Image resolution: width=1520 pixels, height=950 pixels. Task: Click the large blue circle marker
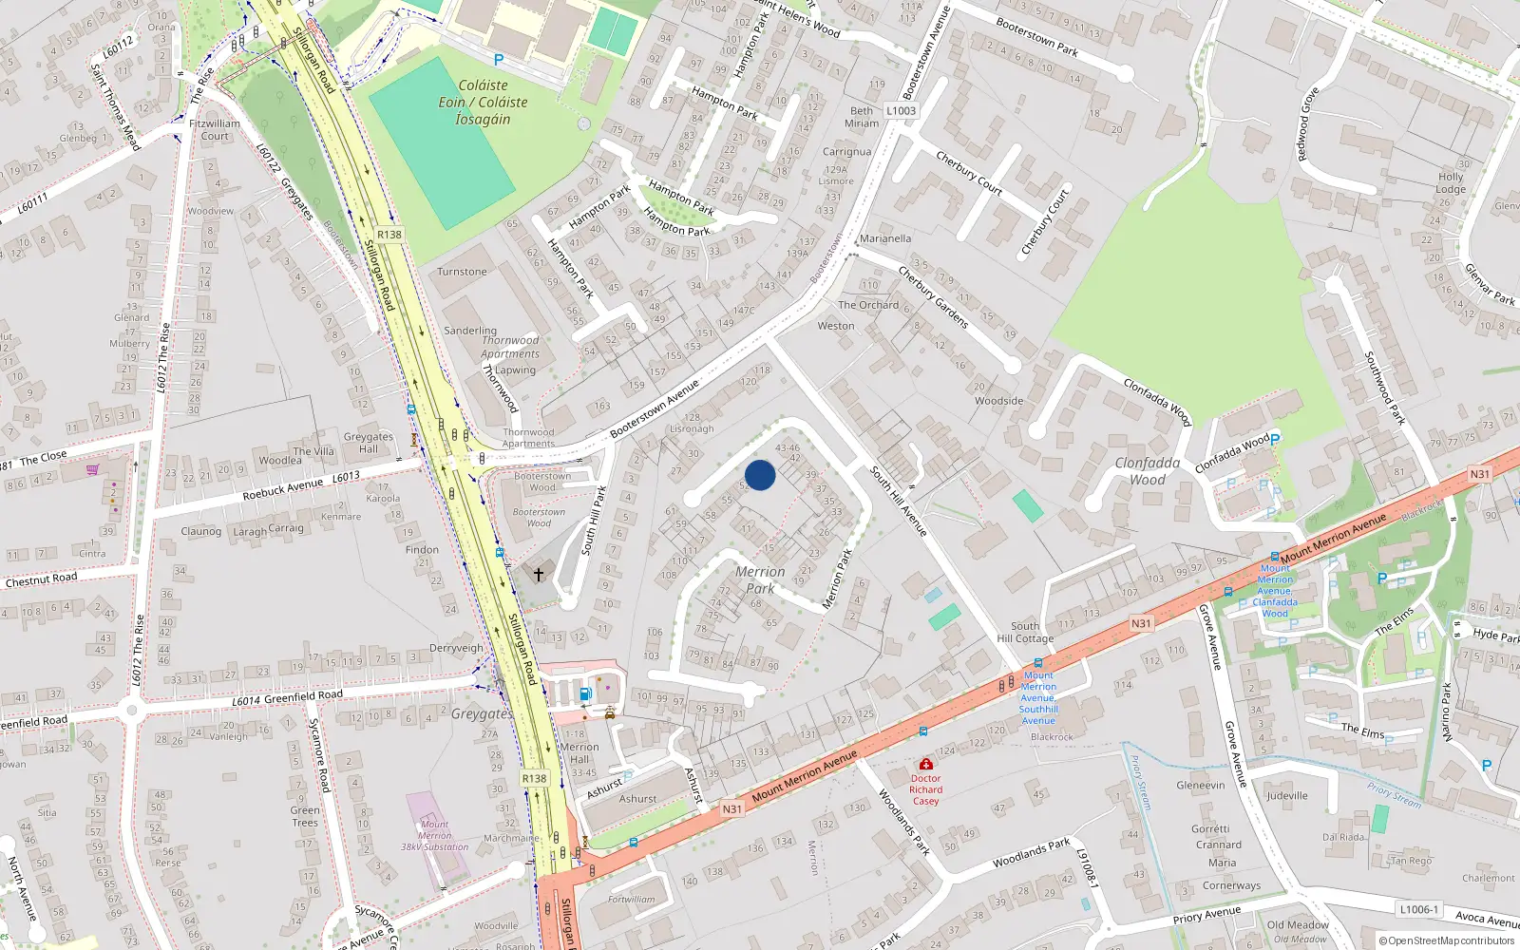[760, 475]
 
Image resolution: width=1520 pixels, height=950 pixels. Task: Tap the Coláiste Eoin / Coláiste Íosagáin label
[483, 102]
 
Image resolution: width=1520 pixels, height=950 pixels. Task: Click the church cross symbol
[539, 575]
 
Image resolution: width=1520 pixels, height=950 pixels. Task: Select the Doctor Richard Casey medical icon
[926, 764]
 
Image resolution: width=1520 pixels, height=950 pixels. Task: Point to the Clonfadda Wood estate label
[1148, 471]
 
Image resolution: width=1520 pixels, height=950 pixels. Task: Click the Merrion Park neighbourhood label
[760, 579]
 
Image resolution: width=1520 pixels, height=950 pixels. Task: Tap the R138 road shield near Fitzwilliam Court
[389, 234]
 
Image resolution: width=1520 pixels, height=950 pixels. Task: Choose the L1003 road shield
[901, 111]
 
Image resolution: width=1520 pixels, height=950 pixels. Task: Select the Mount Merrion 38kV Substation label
[435, 836]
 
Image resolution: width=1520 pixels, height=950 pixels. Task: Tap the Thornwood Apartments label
[510, 347]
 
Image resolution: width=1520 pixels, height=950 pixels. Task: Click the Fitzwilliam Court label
[215, 129]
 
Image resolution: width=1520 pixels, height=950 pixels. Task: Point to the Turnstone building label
[462, 272]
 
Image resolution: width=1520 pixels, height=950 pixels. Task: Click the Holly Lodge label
[1451, 182]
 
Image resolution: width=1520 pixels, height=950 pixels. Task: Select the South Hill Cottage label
[1025, 632]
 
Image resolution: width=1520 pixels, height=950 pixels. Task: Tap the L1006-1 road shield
[1419, 909]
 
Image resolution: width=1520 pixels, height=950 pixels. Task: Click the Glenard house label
[132, 317]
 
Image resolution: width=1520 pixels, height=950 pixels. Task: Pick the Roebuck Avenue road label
[282, 487]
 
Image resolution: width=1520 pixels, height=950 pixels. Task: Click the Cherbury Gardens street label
[933, 298]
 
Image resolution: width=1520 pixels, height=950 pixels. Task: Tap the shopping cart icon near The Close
[92, 469]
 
